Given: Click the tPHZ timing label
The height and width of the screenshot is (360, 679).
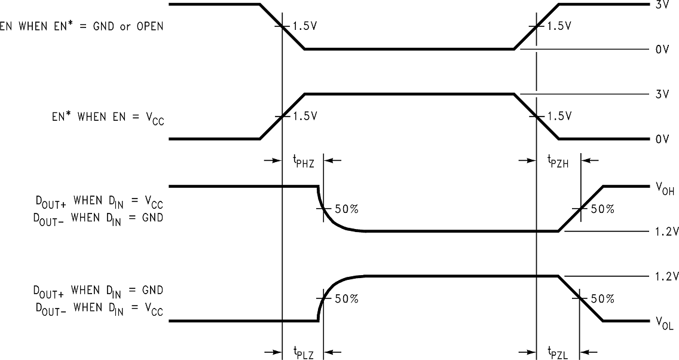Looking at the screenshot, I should point(303,160).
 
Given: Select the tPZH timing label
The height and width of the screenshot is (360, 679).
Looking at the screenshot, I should point(558,160).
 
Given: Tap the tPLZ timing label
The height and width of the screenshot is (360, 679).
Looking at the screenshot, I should point(303,352).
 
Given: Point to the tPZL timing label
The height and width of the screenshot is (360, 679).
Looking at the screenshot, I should point(558,352).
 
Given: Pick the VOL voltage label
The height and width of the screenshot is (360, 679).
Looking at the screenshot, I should point(664,323).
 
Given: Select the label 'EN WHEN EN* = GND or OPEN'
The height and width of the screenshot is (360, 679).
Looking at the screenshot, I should point(81,27).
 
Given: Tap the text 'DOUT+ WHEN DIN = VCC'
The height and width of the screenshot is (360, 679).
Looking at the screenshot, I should point(98,201).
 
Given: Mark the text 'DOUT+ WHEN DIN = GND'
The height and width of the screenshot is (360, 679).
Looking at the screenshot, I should point(98,291).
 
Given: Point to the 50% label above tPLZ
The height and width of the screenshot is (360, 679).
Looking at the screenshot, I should point(345,299).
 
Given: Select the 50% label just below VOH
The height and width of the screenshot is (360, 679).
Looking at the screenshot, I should point(601,209).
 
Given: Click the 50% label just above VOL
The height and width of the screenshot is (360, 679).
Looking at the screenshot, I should point(601,299).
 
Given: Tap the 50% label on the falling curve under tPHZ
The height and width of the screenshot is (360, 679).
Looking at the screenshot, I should point(345,209).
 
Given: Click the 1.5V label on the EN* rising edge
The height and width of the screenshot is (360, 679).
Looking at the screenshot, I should point(305,116).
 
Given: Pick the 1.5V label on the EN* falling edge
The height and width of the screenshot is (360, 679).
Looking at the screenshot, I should point(559,116).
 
